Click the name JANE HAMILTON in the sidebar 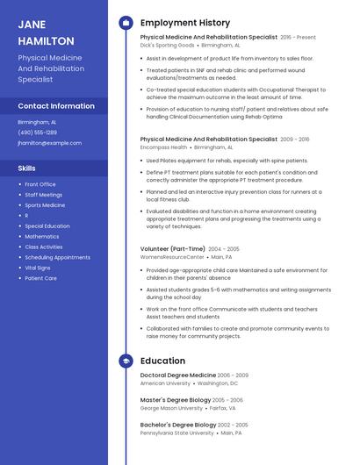(46, 32)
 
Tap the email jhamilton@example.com (50, 143)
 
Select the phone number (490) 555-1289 (37, 132)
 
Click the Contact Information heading (56, 106)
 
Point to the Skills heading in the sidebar (27, 168)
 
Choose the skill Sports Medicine (45, 205)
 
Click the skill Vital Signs (38, 268)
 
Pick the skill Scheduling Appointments (57, 257)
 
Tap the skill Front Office (40, 184)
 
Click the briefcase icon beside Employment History (126, 23)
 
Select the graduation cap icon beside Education (126, 361)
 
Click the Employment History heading (185, 23)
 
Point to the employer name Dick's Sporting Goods (168, 45)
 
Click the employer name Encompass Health (162, 147)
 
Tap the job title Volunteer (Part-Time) (173, 248)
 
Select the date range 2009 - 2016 (295, 139)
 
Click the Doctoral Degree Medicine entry (177, 375)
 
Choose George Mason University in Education (171, 408)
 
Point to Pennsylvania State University (176, 433)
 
